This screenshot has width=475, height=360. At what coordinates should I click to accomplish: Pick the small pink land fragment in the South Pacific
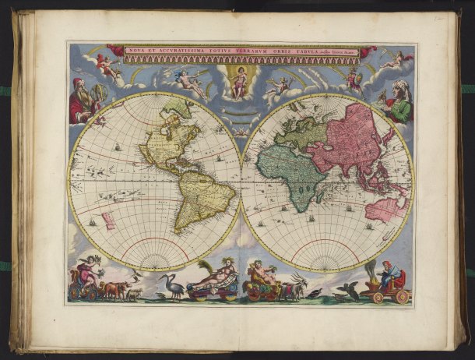point(108,221)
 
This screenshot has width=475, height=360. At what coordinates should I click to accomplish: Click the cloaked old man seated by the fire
point(389,277)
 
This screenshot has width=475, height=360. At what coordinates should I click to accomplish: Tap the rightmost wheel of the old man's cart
point(402,296)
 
